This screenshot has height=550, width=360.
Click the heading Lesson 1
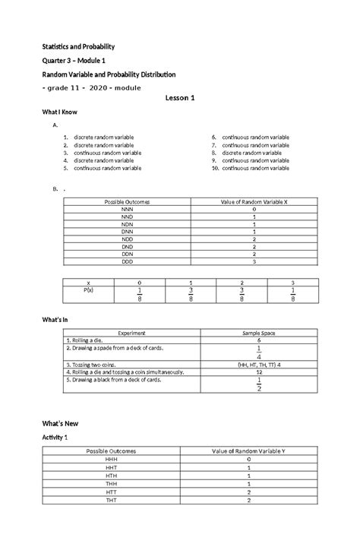click(x=180, y=99)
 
